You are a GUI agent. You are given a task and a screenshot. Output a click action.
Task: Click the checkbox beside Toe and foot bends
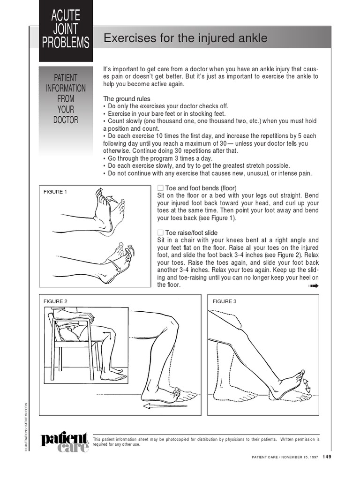click(x=160, y=188)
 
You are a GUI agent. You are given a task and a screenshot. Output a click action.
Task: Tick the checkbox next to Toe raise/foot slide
click(x=160, y=232)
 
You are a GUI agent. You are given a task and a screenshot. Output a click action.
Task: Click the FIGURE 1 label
click(x=55, y=192)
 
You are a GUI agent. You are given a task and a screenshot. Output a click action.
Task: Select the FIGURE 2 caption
click(x=55, y=301)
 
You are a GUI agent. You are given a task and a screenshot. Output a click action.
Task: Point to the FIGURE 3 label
click(x=225, y=301)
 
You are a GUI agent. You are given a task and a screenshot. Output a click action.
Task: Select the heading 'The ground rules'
click(x=127, y=99)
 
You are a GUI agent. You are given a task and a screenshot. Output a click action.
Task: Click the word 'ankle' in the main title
click(x=253, y=38)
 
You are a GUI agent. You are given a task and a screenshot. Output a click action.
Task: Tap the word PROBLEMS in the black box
click(x=66, y=43)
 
